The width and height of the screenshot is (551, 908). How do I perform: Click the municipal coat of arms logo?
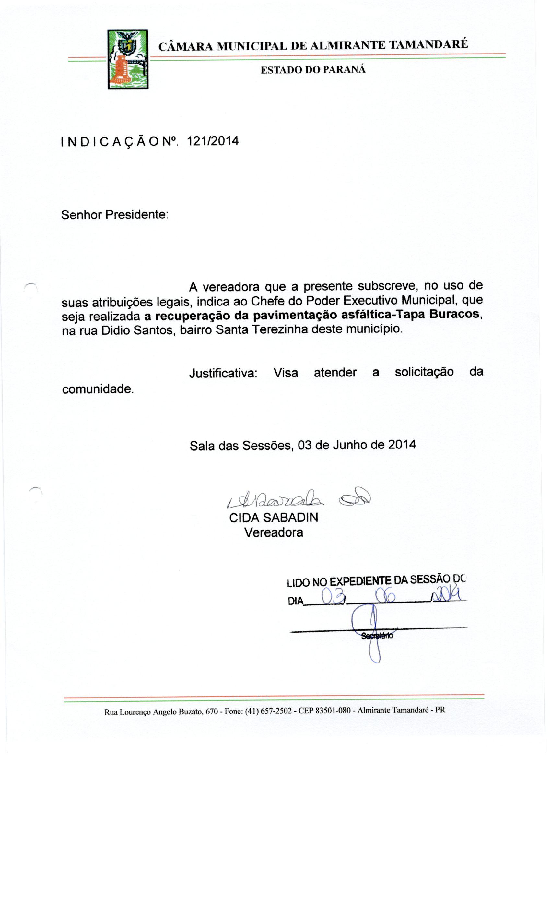pyautogui.click(x=127, y=59)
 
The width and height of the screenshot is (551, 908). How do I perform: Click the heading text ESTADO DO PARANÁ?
pyautogui.click(x=313, y=70)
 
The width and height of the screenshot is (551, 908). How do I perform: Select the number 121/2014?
pyautogui.click(x=213, y=141)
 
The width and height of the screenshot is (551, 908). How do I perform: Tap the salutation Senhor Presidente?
pyautogui.click(x=114, y=214)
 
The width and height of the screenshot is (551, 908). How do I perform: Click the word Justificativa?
pyautogui.click(x=223, y=373)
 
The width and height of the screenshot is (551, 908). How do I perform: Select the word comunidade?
pyautogui.click(x=97, y=389)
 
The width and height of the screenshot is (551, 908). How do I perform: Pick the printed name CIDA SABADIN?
pyautogui.click(x=273, y=518)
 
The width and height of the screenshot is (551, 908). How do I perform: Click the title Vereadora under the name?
pyautogui.click(x=273, y=532)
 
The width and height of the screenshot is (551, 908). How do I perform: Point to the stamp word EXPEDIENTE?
pyautogui.click(x=360, y=581)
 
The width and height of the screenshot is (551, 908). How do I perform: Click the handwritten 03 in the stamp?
pyautogui.click(x=333, y=595)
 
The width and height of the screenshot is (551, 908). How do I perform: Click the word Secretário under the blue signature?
pyautogui.click(x=377, y=636)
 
